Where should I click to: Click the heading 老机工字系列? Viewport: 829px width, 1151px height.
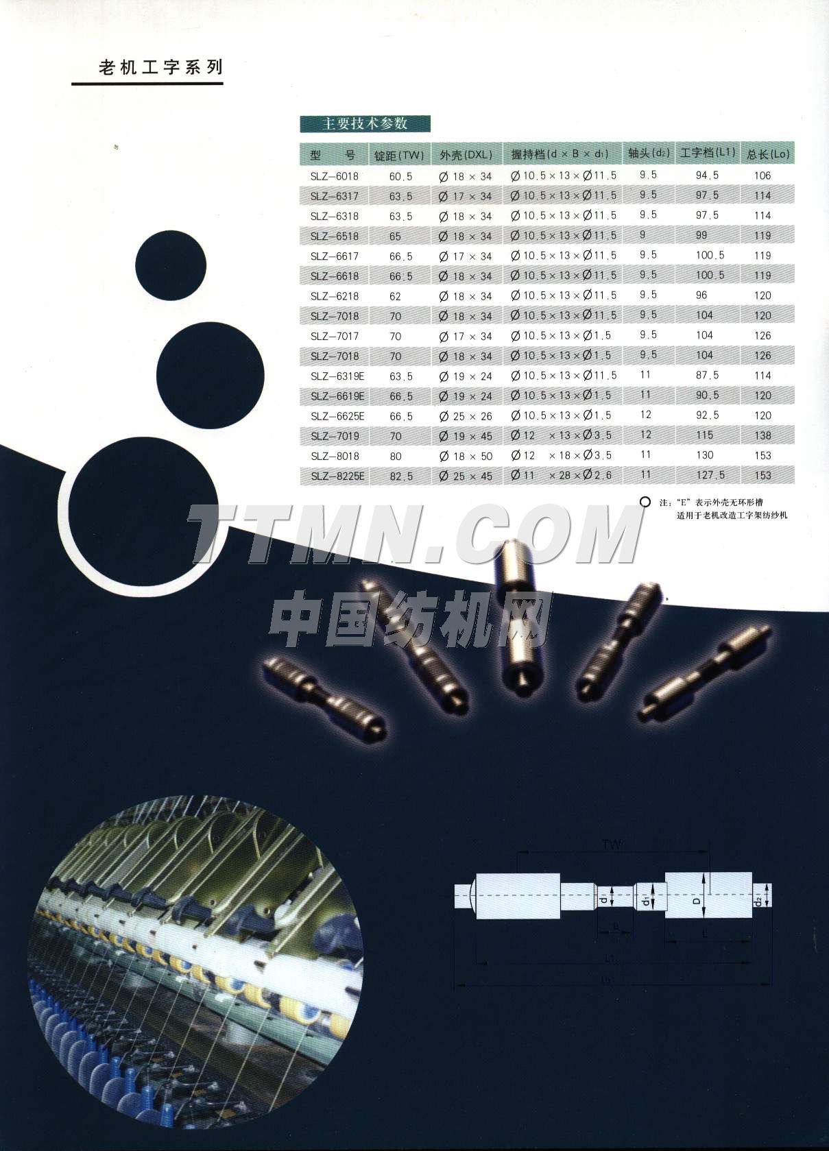pyautogui.click(x=161, y=67)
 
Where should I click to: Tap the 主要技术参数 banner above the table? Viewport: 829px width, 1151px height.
pyautogui.click(x=365, y=123)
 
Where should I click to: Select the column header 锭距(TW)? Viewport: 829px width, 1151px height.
pyautogui.click(x=399, y=155)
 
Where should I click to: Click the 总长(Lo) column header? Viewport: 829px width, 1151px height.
pyautogui.click(x=768, y=154)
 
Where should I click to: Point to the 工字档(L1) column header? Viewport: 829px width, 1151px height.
pyautogui.click(x=707, y=153)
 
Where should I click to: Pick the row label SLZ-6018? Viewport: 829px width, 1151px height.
pyautogui.click(x=334, y=176)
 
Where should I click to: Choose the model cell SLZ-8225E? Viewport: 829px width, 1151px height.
pyautogui.click(x=337, y=476)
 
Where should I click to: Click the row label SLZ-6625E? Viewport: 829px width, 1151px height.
pyautogui.click(x=337, y=416)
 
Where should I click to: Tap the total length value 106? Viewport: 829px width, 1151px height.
pyautogui.click(x=762, y=175)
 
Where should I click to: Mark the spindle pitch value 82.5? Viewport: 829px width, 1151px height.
pyautogui.click(x=401, y=476)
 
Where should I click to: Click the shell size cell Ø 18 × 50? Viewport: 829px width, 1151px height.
pyautogui.click(x=466, y=456)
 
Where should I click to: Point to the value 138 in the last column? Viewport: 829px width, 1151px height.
pyautogui.click(x=762, y=435)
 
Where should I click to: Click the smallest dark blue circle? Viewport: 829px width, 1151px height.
pyautogui.click(x=171, y=264)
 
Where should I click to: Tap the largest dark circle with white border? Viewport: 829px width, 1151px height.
pyautogui.click(x=142, y=511)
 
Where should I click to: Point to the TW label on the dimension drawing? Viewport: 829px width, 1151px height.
pyautogui.click(x=612, y=844)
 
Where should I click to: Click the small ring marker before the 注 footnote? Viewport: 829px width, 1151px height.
pyautogui.click(x=645, y=502)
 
